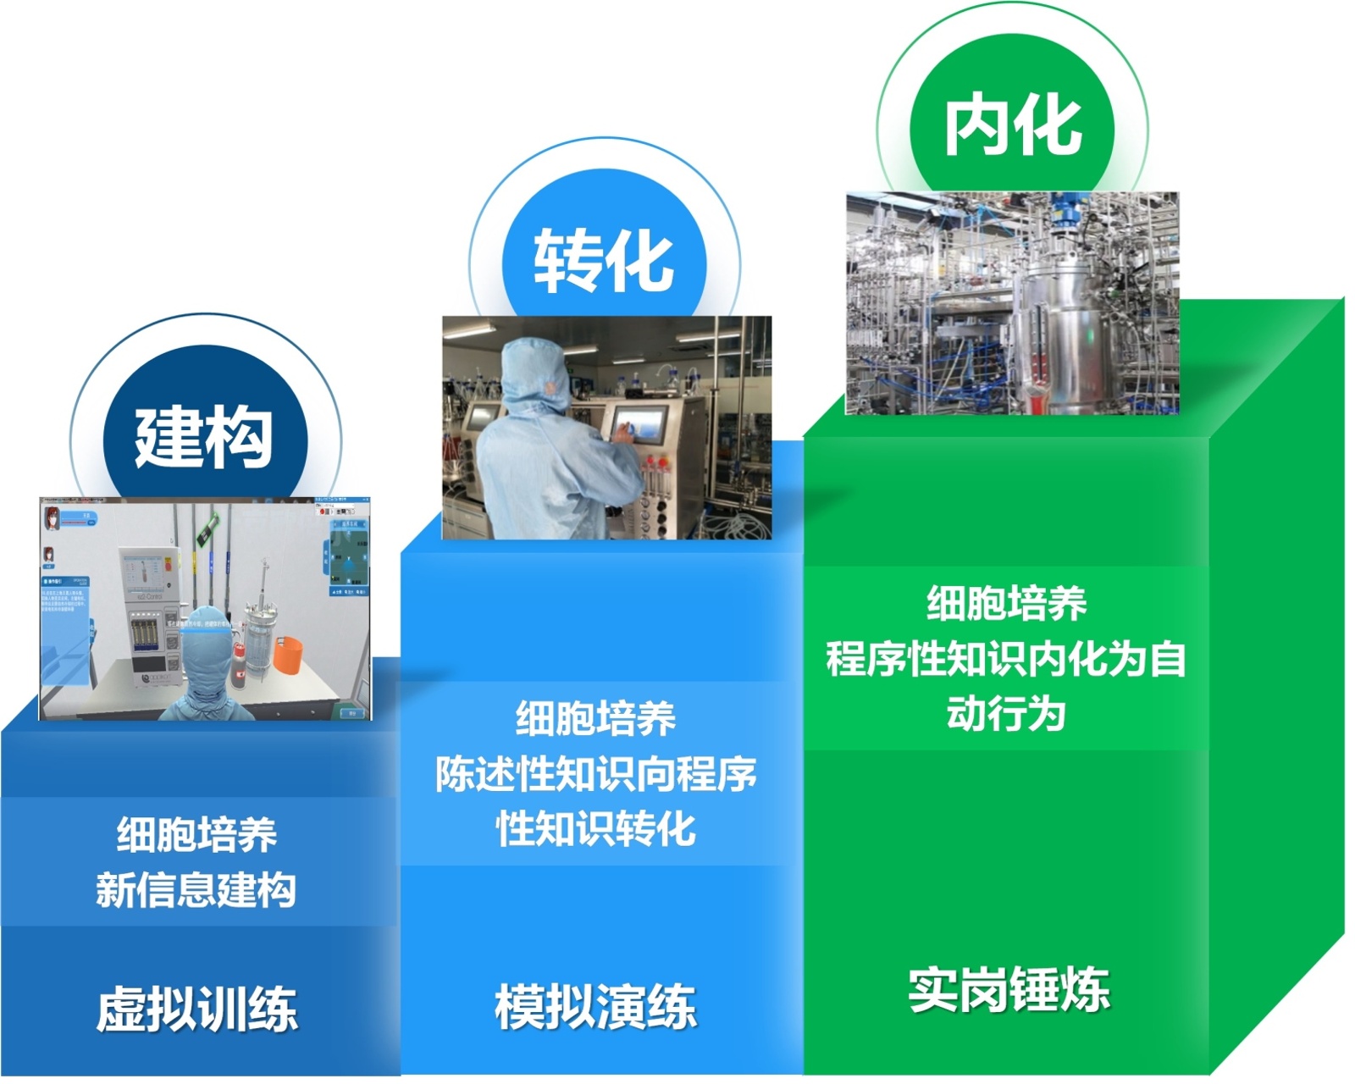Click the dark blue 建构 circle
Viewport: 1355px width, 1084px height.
point(204,437)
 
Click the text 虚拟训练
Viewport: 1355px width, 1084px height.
point(196,1008)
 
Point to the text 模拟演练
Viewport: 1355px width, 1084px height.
point(595,1006)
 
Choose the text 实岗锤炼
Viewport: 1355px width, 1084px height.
point(1008,988)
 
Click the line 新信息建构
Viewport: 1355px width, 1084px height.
point(196,889)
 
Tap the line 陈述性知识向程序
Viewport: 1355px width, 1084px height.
point(595,773)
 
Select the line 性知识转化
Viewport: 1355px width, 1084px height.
point(595,828)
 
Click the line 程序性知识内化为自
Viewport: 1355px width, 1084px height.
point(1006,659)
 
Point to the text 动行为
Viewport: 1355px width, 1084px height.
point(1006,713)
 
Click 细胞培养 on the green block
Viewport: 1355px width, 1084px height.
point(1006,604)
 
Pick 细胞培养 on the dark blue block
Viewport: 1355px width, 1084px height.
point(196,835)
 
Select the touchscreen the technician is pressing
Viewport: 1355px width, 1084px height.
point(640,423)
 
